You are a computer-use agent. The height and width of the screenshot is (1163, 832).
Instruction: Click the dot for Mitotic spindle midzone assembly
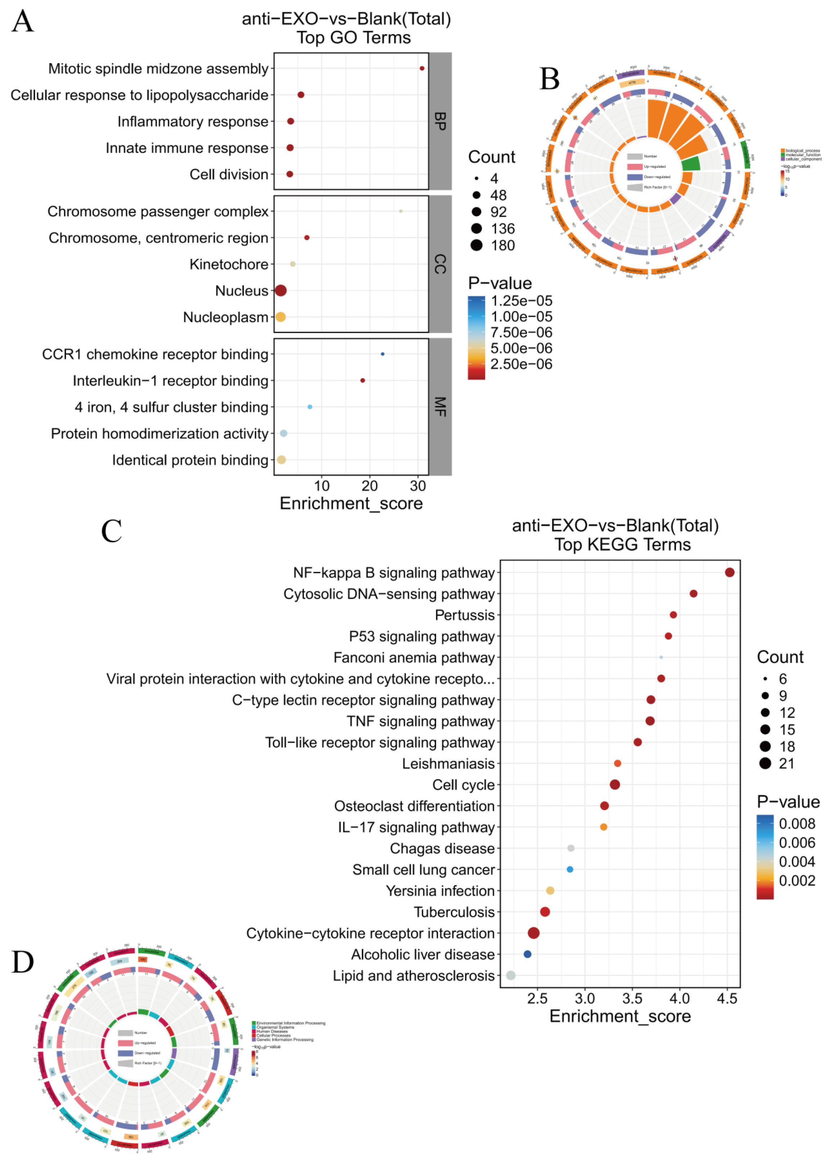[x=422, y=68]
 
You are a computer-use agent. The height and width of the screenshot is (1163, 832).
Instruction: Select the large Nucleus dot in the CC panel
[x=281, y=291]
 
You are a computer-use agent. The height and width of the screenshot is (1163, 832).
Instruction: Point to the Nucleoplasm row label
[x=225, y=317]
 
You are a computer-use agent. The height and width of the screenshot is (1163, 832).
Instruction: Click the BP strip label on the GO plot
[x=439, y=121]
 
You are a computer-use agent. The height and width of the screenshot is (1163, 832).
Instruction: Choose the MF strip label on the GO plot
[x=439, y=407]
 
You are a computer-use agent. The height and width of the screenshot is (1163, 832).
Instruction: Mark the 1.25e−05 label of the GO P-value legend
[x=522, y=301]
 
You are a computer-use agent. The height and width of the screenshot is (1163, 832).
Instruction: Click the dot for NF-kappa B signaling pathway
[x=730, y=572]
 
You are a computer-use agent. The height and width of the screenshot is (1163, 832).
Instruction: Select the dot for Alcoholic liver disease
[x=528, y=954]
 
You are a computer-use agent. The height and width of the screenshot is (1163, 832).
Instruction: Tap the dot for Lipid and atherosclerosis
[x=511, y=975]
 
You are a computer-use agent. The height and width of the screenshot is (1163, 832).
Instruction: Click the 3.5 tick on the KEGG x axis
[x=632, y=998]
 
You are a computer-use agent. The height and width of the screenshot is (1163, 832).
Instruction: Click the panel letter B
[x=550, y=79]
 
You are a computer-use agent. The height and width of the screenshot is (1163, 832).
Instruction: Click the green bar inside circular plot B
[x=690, y=164]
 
